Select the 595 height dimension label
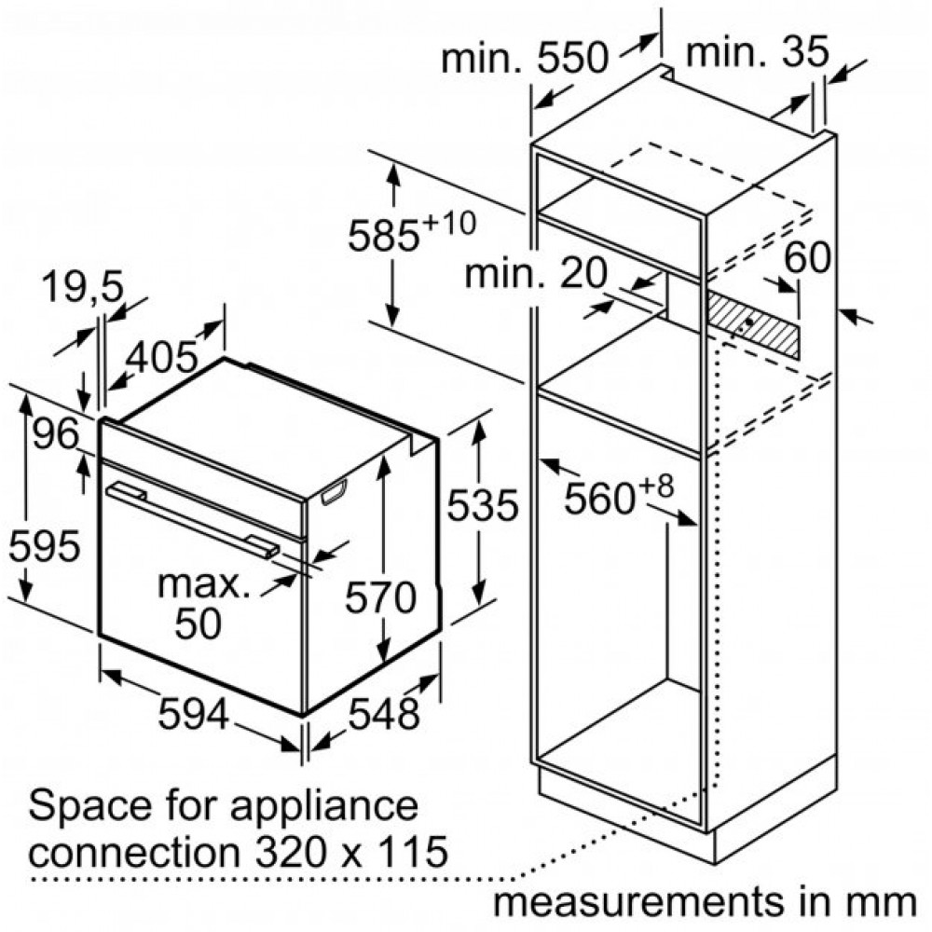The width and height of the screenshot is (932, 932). point(44,545)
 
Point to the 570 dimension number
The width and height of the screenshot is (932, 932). point(380,597)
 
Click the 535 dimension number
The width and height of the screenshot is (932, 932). point(483,505)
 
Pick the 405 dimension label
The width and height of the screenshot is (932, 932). point(162,358)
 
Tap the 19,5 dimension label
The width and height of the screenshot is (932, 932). point(83,287)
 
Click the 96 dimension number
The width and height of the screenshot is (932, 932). point(56,433)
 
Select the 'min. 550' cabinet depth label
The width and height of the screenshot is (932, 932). point(526,58)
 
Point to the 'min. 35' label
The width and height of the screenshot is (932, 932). point(757,51)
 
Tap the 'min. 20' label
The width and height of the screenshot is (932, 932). point(536,273)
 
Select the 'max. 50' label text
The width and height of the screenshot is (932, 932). point(202,603)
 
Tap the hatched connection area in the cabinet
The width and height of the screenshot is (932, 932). point(752,325)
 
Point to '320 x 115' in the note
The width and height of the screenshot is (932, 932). point(351,851)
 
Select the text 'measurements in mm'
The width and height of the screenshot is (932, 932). point(705,901)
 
